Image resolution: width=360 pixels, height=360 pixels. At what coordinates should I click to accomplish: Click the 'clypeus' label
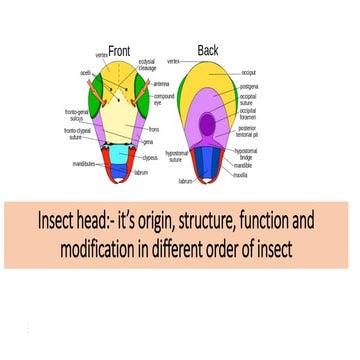[150, 157]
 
